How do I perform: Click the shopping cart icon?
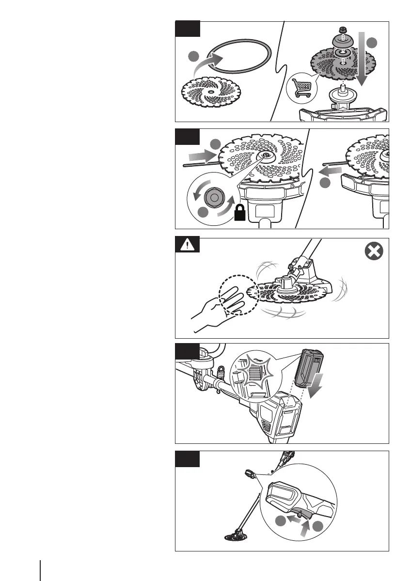coord(301,89)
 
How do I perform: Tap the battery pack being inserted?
coord(308,368)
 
